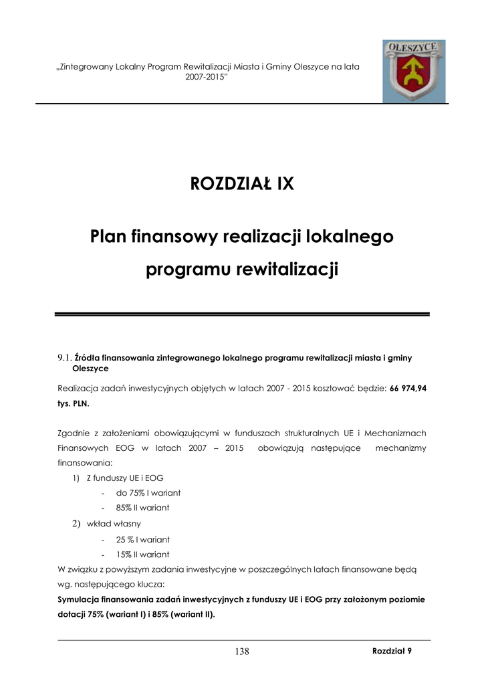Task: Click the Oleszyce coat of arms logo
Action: click(x=414, y=71)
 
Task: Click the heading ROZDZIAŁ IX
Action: click(x=242, y=183)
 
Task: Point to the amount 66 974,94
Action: click(x=408, y=388)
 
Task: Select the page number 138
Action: click(x=242, y=652)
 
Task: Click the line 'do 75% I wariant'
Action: click(x=148, y=493)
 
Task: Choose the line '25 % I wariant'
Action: click(x=142, y=539)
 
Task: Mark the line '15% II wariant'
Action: click(x=142, y=555)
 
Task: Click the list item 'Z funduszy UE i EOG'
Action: click(x=125, y=478)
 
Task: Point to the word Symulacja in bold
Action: click(x=80, y=599)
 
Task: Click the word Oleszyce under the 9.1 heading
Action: click(x=90, y=369)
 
